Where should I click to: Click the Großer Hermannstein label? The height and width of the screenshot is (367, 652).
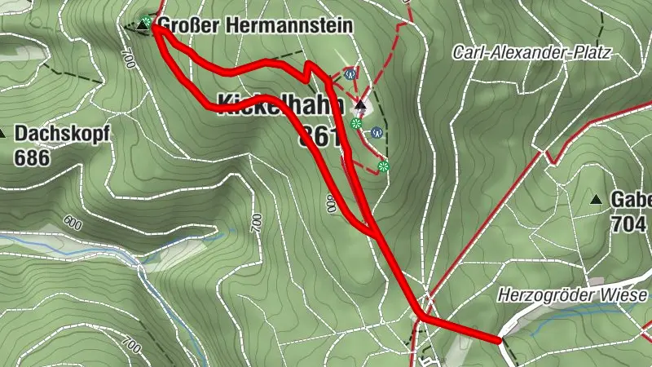(254, 25)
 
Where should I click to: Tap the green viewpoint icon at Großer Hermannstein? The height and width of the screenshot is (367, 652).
(146, 21)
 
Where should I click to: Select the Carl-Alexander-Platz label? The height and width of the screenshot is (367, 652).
(532, 52)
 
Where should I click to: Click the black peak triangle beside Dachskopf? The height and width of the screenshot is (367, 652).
(3, 133)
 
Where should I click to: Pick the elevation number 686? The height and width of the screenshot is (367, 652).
(32, 157)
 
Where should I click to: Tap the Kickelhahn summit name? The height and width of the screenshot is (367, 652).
(277, 102)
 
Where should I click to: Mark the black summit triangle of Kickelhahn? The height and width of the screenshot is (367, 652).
(359, 105)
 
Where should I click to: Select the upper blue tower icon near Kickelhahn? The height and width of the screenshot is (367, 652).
(350, 72)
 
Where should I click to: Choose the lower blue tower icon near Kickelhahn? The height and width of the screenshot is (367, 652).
(376, 130)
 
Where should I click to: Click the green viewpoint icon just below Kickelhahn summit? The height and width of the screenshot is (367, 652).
(355, 123)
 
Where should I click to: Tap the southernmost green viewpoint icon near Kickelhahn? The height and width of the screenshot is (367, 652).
(383, 166)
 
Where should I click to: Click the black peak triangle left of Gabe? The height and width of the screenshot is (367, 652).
(597, 199)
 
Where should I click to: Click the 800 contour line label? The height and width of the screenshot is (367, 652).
(331, 204)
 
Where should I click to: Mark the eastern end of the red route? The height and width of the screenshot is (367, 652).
(499, 339)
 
